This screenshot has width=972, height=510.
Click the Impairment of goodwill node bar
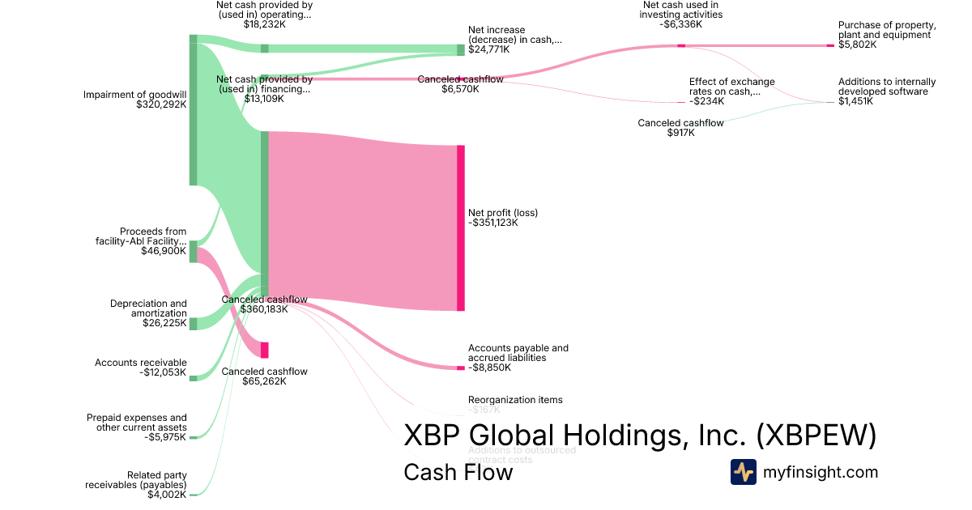[x=193, y=110]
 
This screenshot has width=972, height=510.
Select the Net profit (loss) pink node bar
[x=461, y=227]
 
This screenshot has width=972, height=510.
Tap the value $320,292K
[x=161, y=104]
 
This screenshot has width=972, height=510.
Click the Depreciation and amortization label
[x=148, y=308]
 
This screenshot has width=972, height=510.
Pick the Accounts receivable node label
[x=140, y=363]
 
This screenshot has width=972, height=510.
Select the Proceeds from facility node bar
[x=193, y=252]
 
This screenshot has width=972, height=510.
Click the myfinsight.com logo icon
[x=743, y=472]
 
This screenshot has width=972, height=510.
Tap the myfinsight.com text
[x=821, y=472]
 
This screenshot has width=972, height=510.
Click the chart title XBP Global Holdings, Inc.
[x=640, y=436]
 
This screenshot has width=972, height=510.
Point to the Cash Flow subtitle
[x=458, y=472]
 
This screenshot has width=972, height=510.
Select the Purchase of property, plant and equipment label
[x=887, y=30]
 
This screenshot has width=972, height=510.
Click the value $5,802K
[x=857, y=45]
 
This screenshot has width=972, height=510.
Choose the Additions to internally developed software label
[x=887, y=87]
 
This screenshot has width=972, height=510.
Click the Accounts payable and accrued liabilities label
[x=518, y=353]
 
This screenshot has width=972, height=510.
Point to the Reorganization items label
[x=515, y=400]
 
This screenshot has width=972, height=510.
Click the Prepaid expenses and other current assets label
[x=136, y=423]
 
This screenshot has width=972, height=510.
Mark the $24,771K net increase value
[x=488, y=49]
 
